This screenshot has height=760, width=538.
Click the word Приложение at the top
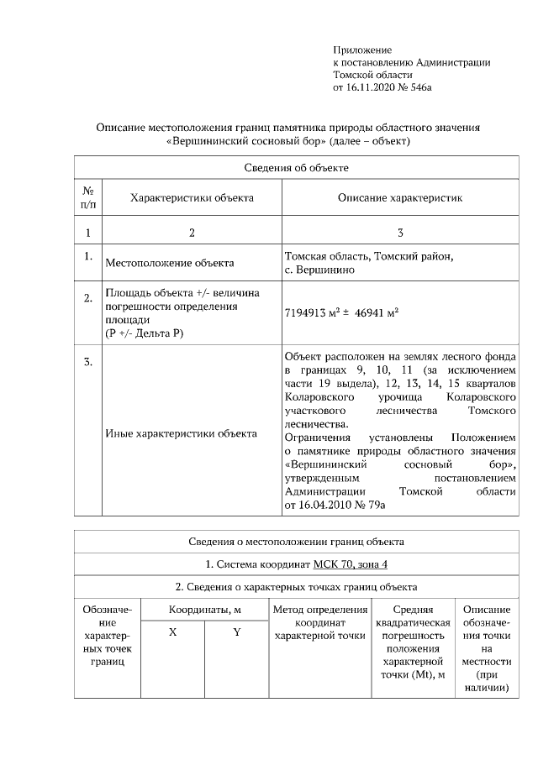362,50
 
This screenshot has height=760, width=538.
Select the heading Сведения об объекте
297,168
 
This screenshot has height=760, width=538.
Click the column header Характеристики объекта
192,198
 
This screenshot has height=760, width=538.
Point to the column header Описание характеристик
400,198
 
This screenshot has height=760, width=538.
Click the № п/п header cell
87,198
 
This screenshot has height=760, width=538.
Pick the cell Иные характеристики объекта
181,434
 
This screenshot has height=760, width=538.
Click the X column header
172,632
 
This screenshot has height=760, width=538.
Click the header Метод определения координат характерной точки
319,622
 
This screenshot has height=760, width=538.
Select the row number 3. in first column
87,363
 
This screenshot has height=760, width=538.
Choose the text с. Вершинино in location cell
319,270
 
